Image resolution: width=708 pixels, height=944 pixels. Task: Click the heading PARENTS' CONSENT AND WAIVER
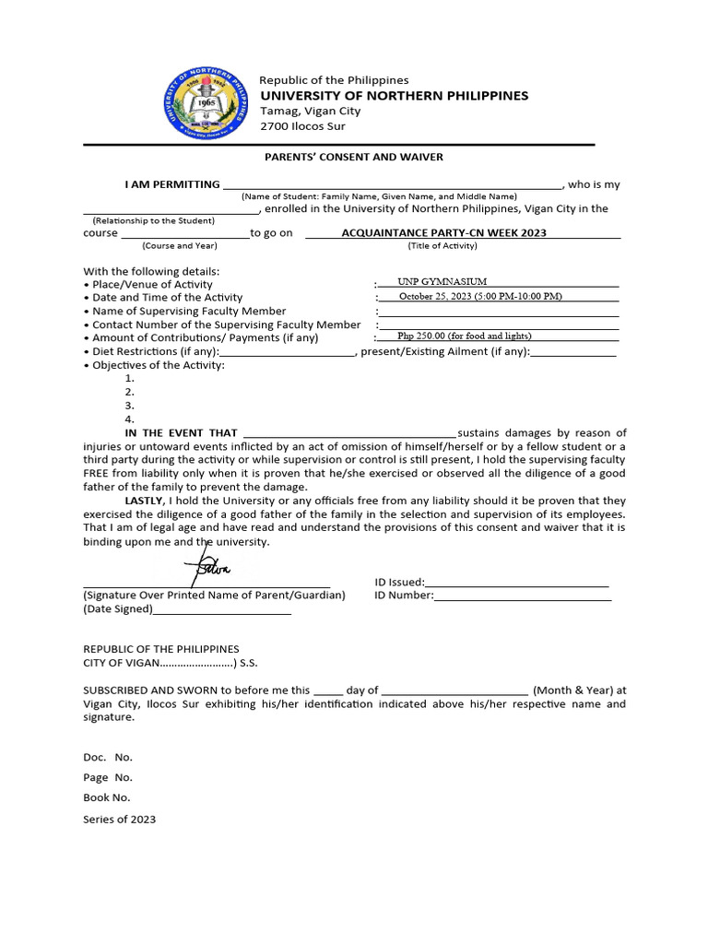(354, 157)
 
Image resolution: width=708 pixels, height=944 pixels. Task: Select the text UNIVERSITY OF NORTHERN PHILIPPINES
(394, 96)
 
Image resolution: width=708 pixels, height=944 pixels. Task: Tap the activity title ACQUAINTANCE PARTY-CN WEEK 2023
(443, 232)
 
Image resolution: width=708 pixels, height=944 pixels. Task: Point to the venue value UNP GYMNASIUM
(442, 282)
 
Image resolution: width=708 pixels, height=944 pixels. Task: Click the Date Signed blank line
(221, 610)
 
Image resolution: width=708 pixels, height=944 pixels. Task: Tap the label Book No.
(107, 797)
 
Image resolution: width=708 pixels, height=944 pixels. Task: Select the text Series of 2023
(120, 819)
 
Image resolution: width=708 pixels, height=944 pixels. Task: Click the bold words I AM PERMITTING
(172, 184)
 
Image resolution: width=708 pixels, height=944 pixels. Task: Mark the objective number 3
(130, 406)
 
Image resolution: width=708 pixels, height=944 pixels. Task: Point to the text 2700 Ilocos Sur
(302, 126)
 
